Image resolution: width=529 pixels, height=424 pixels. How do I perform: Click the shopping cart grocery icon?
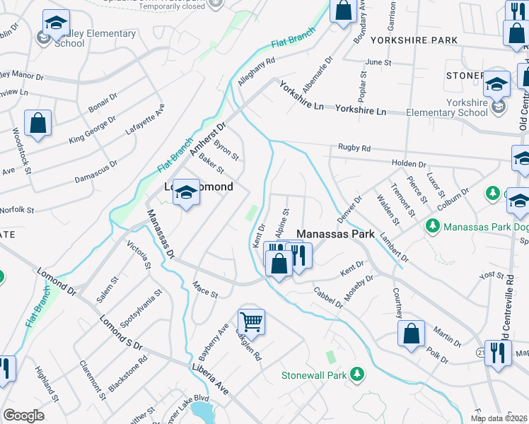coord(251,322)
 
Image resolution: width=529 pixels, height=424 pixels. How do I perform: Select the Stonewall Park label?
coord(315,375)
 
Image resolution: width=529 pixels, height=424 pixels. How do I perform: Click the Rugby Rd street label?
coord(354,148)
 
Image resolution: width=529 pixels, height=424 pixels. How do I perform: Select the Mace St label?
coord(205,289)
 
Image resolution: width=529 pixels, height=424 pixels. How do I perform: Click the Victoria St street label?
coord(139,256)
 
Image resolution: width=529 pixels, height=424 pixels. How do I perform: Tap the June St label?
coord(378,62)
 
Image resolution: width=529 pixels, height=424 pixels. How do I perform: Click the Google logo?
coord(23,416)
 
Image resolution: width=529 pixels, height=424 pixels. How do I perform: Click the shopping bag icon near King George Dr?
coord(37,123)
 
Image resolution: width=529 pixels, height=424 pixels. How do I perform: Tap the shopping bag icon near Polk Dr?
coord(411,334)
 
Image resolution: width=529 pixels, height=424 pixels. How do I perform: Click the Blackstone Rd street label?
coord(133,370)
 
